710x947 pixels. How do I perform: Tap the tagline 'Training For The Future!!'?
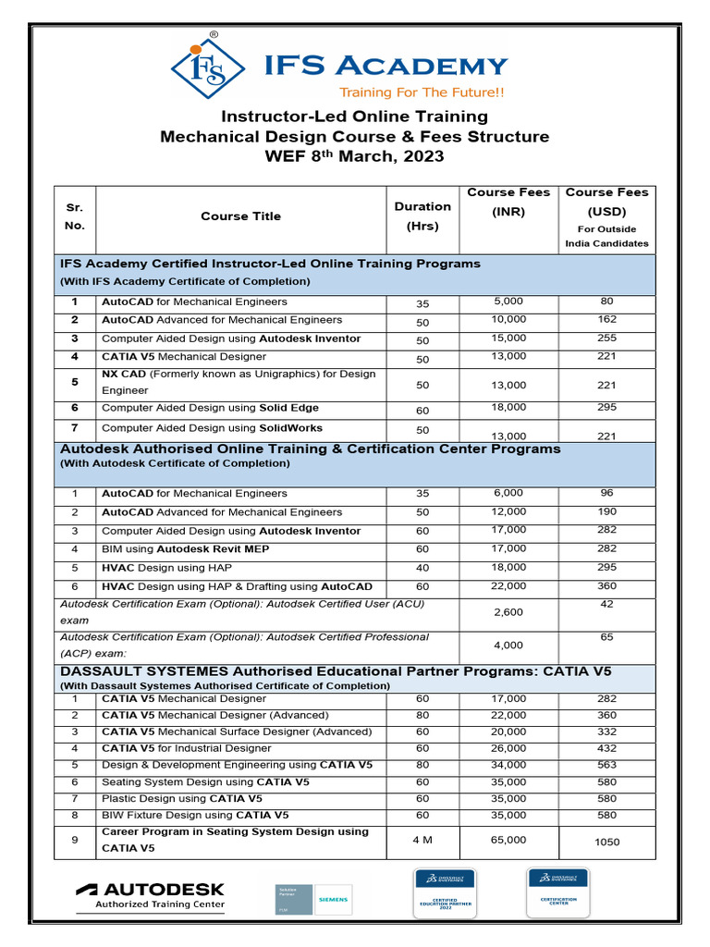[x=422, y=92]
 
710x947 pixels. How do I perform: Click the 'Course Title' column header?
[x=240, y=216]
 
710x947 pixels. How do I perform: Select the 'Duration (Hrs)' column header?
[x=422, y=215]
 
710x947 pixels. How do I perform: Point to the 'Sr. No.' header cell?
[x=75, y=216]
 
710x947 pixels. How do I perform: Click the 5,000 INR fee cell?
[x=508, y=301]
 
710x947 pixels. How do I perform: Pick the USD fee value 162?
[x=607, y=320]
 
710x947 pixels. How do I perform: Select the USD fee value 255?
[x=607, y=338]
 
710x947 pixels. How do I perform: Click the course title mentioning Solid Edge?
[x=210, y=408]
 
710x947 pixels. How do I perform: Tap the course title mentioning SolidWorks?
[x=212, y=428]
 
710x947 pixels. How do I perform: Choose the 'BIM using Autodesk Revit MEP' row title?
[x=192, y=549]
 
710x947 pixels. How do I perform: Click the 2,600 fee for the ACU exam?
[x=508, y=612]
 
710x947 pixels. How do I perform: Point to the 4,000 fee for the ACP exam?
[x=508, y=646]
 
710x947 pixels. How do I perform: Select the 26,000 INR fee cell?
[x=508, y=748]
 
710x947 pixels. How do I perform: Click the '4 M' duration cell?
[x=422, y=840]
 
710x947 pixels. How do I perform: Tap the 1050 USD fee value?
[x=607, y=842]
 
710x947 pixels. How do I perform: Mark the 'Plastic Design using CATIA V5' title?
[x=181, y=798]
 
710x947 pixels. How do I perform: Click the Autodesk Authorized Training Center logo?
[x=150, y=896]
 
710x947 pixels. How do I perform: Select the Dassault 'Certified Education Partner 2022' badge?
[x=445, y=892]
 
